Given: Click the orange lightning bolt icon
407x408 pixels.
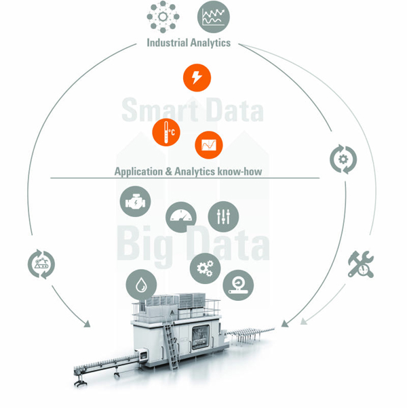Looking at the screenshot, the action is pos(197,77).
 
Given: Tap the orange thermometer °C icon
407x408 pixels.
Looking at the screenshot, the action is pos(166,132).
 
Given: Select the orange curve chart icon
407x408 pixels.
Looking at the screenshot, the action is pos(209,145).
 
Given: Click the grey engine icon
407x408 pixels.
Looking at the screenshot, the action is pos(135,201).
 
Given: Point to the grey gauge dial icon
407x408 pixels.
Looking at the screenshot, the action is pos(181,217).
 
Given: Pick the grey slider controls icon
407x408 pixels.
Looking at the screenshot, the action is pos(223,216).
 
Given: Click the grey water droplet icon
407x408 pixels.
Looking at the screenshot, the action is pos(141,285).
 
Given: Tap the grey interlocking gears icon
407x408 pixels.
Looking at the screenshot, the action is pos(205,268).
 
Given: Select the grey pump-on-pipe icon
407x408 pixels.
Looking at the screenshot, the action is pos(238,285).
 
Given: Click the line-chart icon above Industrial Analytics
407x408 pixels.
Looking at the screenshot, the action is pos(214,17).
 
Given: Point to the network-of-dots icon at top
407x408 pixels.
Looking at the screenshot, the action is pos(163,17).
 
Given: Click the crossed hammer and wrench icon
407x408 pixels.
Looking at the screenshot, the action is pos(361,264).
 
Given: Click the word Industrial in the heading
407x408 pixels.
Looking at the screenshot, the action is pos(167,43).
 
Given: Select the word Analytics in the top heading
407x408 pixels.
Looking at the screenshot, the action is pos(210,43).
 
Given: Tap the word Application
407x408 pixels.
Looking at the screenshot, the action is pos(138,172).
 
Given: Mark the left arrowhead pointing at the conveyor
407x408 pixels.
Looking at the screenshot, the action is pos(87,324).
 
